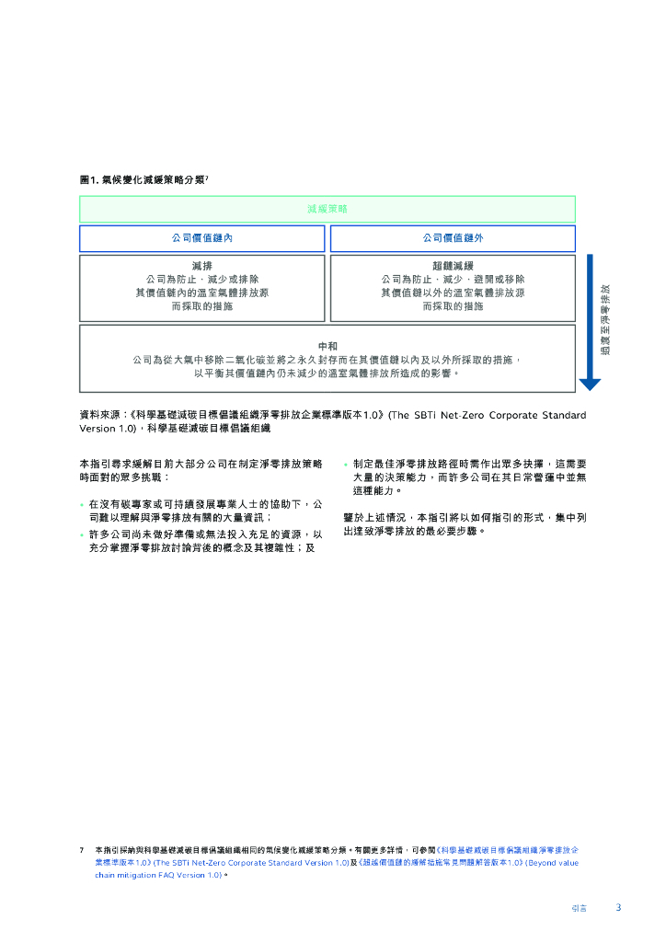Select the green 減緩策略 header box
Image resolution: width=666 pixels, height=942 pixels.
coord(327,209)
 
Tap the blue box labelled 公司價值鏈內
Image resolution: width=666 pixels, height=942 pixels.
coord(201,238)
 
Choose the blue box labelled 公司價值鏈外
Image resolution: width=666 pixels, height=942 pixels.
coord(453,238)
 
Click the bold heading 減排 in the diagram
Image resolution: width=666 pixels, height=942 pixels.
coord(201,265)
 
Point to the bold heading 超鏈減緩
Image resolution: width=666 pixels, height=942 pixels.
coord(453,265)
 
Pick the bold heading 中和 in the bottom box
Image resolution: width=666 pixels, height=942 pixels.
coord(327,346)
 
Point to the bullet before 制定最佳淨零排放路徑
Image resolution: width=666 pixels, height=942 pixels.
coord(346,465)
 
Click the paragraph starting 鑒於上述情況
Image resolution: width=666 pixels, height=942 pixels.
coord(465,524)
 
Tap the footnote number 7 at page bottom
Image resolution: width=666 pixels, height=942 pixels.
coord(82,850)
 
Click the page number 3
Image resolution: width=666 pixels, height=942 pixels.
coord(618,907)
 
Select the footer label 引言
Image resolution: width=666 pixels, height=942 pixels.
coord(579,908)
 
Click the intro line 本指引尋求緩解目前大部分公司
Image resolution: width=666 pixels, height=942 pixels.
coord(201,465)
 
